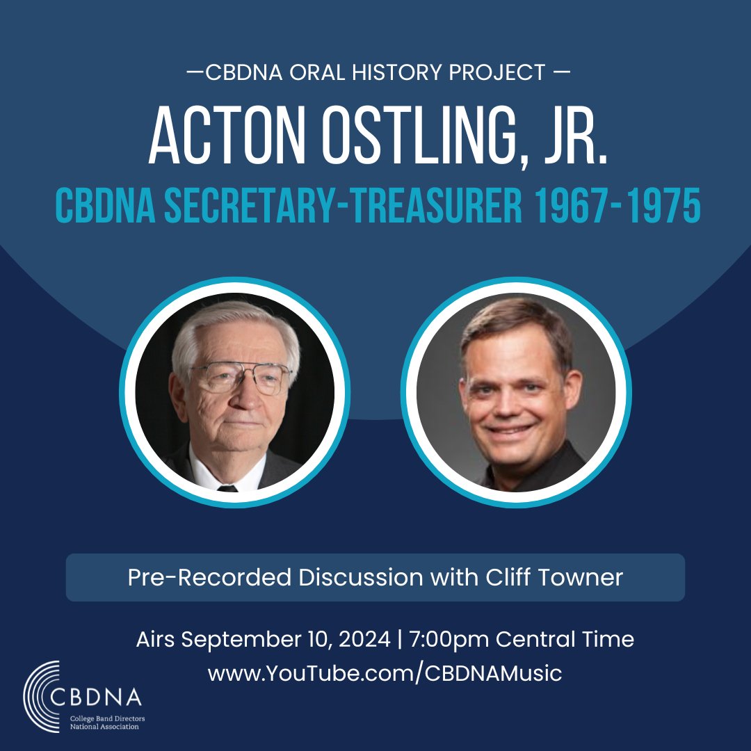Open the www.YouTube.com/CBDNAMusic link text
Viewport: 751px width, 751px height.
385,673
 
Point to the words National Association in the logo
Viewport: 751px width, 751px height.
104,727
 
